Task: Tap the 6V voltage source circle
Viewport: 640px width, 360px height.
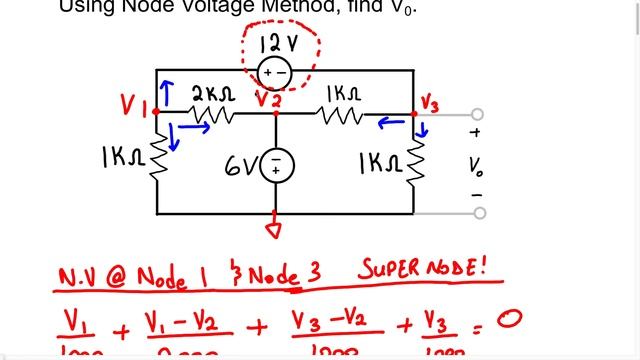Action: (276, 166)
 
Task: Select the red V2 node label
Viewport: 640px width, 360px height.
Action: (267, 98)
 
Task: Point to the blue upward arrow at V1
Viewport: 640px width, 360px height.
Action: (166, 92)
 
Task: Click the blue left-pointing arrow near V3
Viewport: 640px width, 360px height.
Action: (391, 124)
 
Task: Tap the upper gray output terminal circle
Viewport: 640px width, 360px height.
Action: (479, 114)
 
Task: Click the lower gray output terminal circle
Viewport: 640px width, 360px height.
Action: (479, 213)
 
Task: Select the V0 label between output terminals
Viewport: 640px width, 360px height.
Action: (475, 163)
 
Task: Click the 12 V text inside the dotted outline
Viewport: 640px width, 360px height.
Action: (276, 44)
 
